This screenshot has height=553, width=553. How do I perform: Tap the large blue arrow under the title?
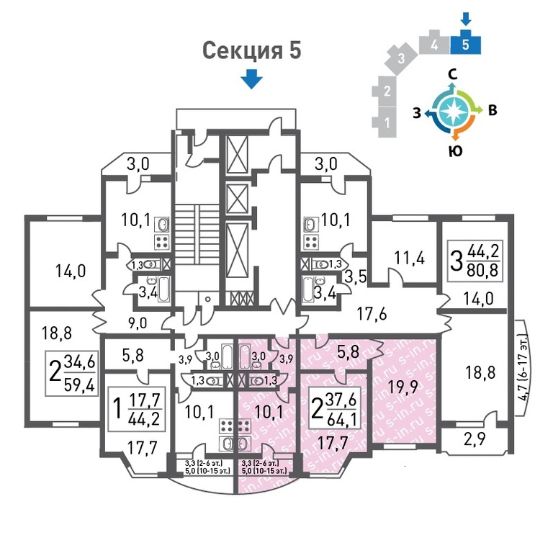tap(251, 78)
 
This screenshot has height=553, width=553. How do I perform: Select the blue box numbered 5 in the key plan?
tap(466, 44)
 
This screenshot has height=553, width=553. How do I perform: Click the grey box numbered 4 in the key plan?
tap(435, 44)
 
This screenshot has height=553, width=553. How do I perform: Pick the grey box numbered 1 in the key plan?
tap(387, 122)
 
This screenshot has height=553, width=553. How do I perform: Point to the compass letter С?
tap(453, 73)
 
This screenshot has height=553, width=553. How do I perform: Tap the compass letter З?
tap(417, 112)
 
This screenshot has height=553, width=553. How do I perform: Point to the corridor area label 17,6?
tap(374, 313)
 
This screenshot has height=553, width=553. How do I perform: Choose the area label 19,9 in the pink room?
tap(403, 389)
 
